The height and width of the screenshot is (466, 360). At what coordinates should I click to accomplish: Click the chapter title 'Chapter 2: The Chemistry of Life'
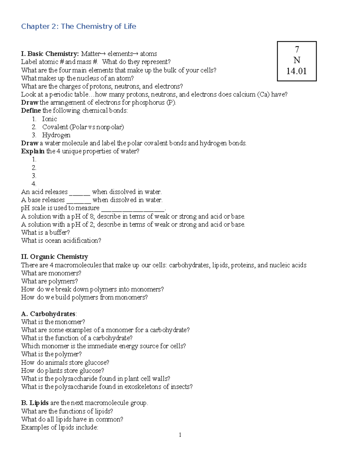click(79, 26)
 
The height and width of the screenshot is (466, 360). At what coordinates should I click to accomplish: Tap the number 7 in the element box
click(297, 49)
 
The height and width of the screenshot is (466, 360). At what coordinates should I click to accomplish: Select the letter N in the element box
click(297, 60)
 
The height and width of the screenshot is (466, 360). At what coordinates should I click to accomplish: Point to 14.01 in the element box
click(296, 71)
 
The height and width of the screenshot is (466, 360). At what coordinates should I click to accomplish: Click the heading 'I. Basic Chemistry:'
click(50, 54)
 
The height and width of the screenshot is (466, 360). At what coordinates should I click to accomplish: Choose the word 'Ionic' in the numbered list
click(49, 119)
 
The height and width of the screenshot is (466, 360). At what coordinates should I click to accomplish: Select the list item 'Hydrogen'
click(56, 135)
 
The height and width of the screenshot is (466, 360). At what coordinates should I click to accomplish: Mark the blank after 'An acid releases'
click(79, 193)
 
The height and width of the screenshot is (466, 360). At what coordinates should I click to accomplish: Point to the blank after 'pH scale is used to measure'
click(133, 209)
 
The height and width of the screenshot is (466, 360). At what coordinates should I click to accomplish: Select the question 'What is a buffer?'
click(45, 233)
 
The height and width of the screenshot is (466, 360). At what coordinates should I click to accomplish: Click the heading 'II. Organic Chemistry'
click(55, 257)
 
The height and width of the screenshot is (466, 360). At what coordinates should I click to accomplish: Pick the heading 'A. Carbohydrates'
click(49, 314)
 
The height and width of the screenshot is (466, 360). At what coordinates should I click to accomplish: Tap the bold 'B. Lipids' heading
click(35, 403)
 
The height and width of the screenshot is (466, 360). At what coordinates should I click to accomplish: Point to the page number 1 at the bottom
click(180, 435)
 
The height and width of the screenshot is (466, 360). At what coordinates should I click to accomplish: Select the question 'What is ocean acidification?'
click(61, 241)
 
